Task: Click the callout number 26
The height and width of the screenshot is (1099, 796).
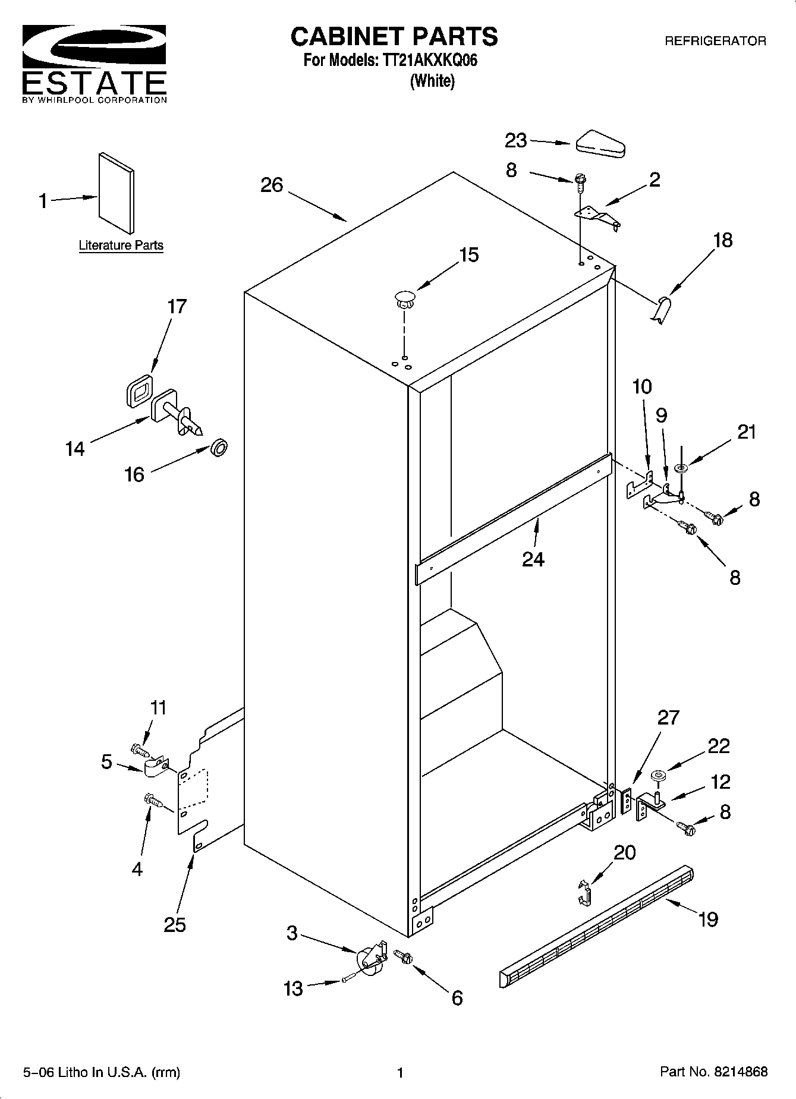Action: click(x=272, y=185)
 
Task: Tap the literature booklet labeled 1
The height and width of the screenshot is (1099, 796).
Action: click(x=116, y=193)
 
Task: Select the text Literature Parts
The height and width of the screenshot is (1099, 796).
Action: click(x=121, y=245)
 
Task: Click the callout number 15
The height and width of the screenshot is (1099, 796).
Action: click(x=468, y=255)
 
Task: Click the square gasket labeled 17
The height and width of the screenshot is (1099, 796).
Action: click(x=139, y=391)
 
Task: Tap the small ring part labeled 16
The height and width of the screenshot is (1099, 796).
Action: click(x=219, y=448)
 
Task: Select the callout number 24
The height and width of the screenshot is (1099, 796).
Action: click(x=533, y=559)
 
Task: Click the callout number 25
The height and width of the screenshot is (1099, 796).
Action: click(x=175, y=924)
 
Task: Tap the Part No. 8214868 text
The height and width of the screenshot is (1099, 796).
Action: click(x=713, y=1072)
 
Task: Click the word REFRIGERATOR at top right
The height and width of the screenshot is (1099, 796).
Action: click(x=715, y=41)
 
